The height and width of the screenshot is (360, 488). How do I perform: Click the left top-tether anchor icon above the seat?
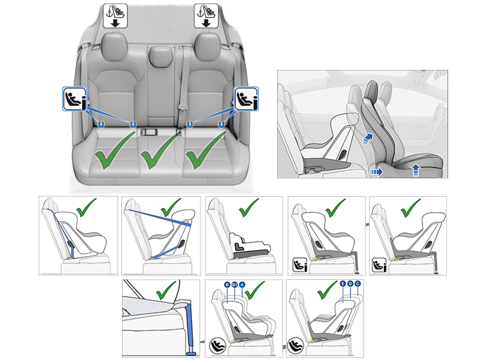point(117,13)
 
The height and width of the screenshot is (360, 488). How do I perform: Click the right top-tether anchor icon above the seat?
point(205,13)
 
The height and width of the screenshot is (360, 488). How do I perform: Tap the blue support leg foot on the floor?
point(190,352)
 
